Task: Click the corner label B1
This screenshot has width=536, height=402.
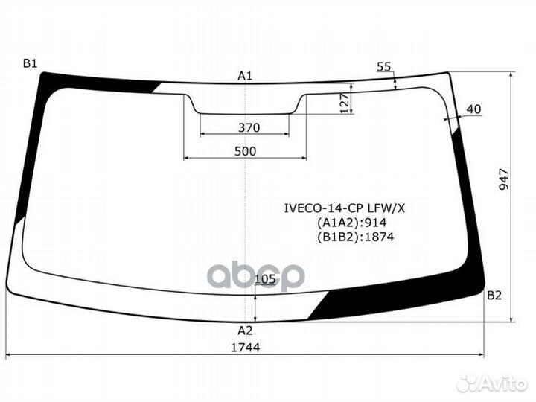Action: coord(30,63)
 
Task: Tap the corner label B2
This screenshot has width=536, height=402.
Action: coord(494,295)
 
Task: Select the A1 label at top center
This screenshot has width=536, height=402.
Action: coord(245,76)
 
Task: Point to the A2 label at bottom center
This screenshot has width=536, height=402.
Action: coord(245,331)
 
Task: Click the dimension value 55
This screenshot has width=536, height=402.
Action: coord(383,67)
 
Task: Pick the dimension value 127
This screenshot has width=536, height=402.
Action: coord(345,103)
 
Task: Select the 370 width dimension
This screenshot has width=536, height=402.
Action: coord(249,128)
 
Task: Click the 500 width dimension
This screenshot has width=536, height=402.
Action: coord(245,151)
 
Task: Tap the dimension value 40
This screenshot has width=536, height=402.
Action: coord(473,109)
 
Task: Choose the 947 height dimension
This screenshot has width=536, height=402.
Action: coord(504,179)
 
